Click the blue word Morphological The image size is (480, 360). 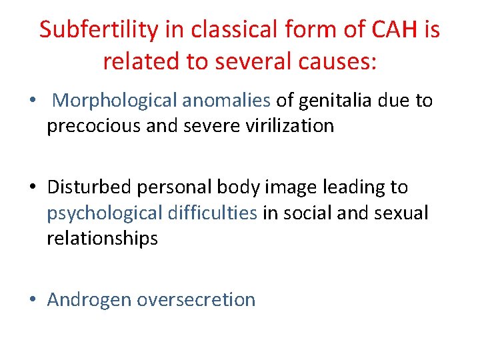114,101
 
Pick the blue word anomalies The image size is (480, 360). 226,101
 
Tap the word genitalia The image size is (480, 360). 335,101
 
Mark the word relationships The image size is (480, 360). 102,239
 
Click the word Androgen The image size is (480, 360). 89,300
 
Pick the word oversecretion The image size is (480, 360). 196,300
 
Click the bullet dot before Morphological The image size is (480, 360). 33,101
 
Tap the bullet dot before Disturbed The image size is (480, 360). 33,188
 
